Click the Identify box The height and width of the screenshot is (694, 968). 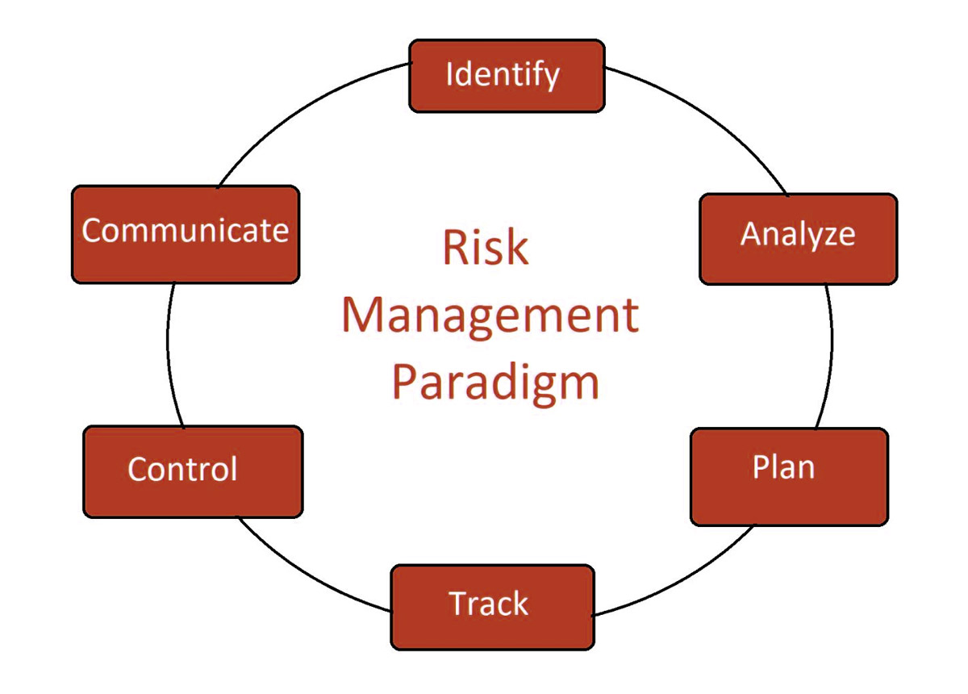tap(507, 76)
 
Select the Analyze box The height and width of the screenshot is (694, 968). tap(798, 239)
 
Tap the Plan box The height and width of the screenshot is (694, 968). tap(789, 477)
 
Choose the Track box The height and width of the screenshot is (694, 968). tap(492, 607)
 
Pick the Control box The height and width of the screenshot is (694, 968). tap(193, 472)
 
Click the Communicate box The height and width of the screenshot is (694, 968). tap(186, 235)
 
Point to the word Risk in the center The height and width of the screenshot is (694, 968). tap(486, 247)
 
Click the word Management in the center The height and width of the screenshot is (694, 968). tap(490, 316)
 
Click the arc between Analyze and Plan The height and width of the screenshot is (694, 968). tap(832, 354)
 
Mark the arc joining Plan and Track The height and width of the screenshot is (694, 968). tap(682, 582)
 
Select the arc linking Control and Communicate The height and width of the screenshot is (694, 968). tap(168, 354)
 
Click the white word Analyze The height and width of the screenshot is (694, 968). tap(798, 234)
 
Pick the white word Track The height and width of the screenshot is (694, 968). tap(488, 603)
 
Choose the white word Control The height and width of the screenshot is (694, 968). tap(182, 469)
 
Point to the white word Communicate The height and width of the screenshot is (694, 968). tap(185, 230)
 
